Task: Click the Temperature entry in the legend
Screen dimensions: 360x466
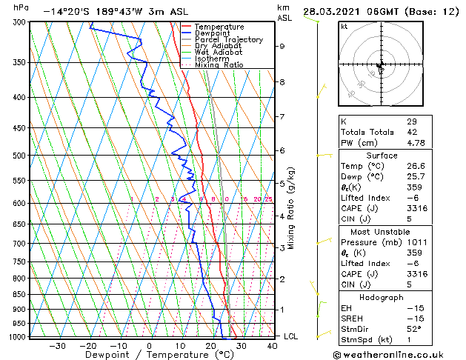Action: [x=221, y=27]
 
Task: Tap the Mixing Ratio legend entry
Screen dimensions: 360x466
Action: [x=219, y=65]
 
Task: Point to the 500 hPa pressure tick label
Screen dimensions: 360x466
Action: [x=20, y=156]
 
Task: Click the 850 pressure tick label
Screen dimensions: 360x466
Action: [x=20, y=294]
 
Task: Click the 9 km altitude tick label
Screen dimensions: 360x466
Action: [x=282, y=46]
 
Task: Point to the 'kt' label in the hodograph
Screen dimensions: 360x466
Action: [x=344, y=27]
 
